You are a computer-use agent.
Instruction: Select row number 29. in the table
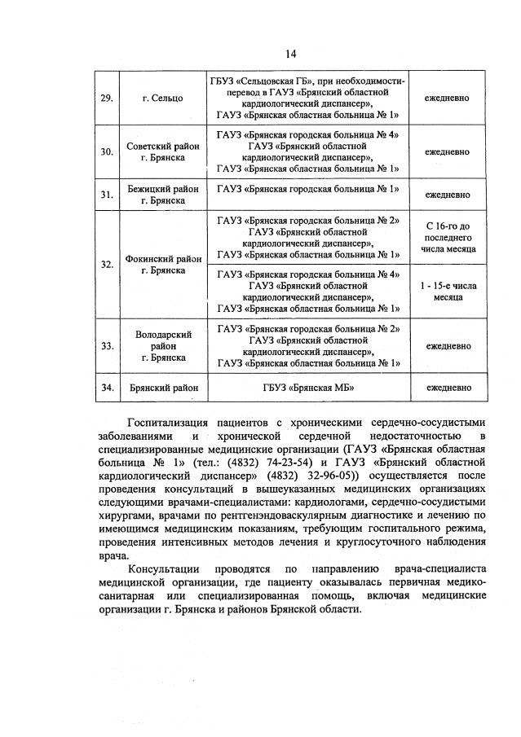coord(106,98)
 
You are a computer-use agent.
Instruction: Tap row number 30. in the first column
coord(106,151)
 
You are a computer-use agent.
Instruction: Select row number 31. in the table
coord(106,195)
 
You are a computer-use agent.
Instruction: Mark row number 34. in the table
coord(106,388)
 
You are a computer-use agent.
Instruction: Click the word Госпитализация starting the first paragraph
coord(168,423)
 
